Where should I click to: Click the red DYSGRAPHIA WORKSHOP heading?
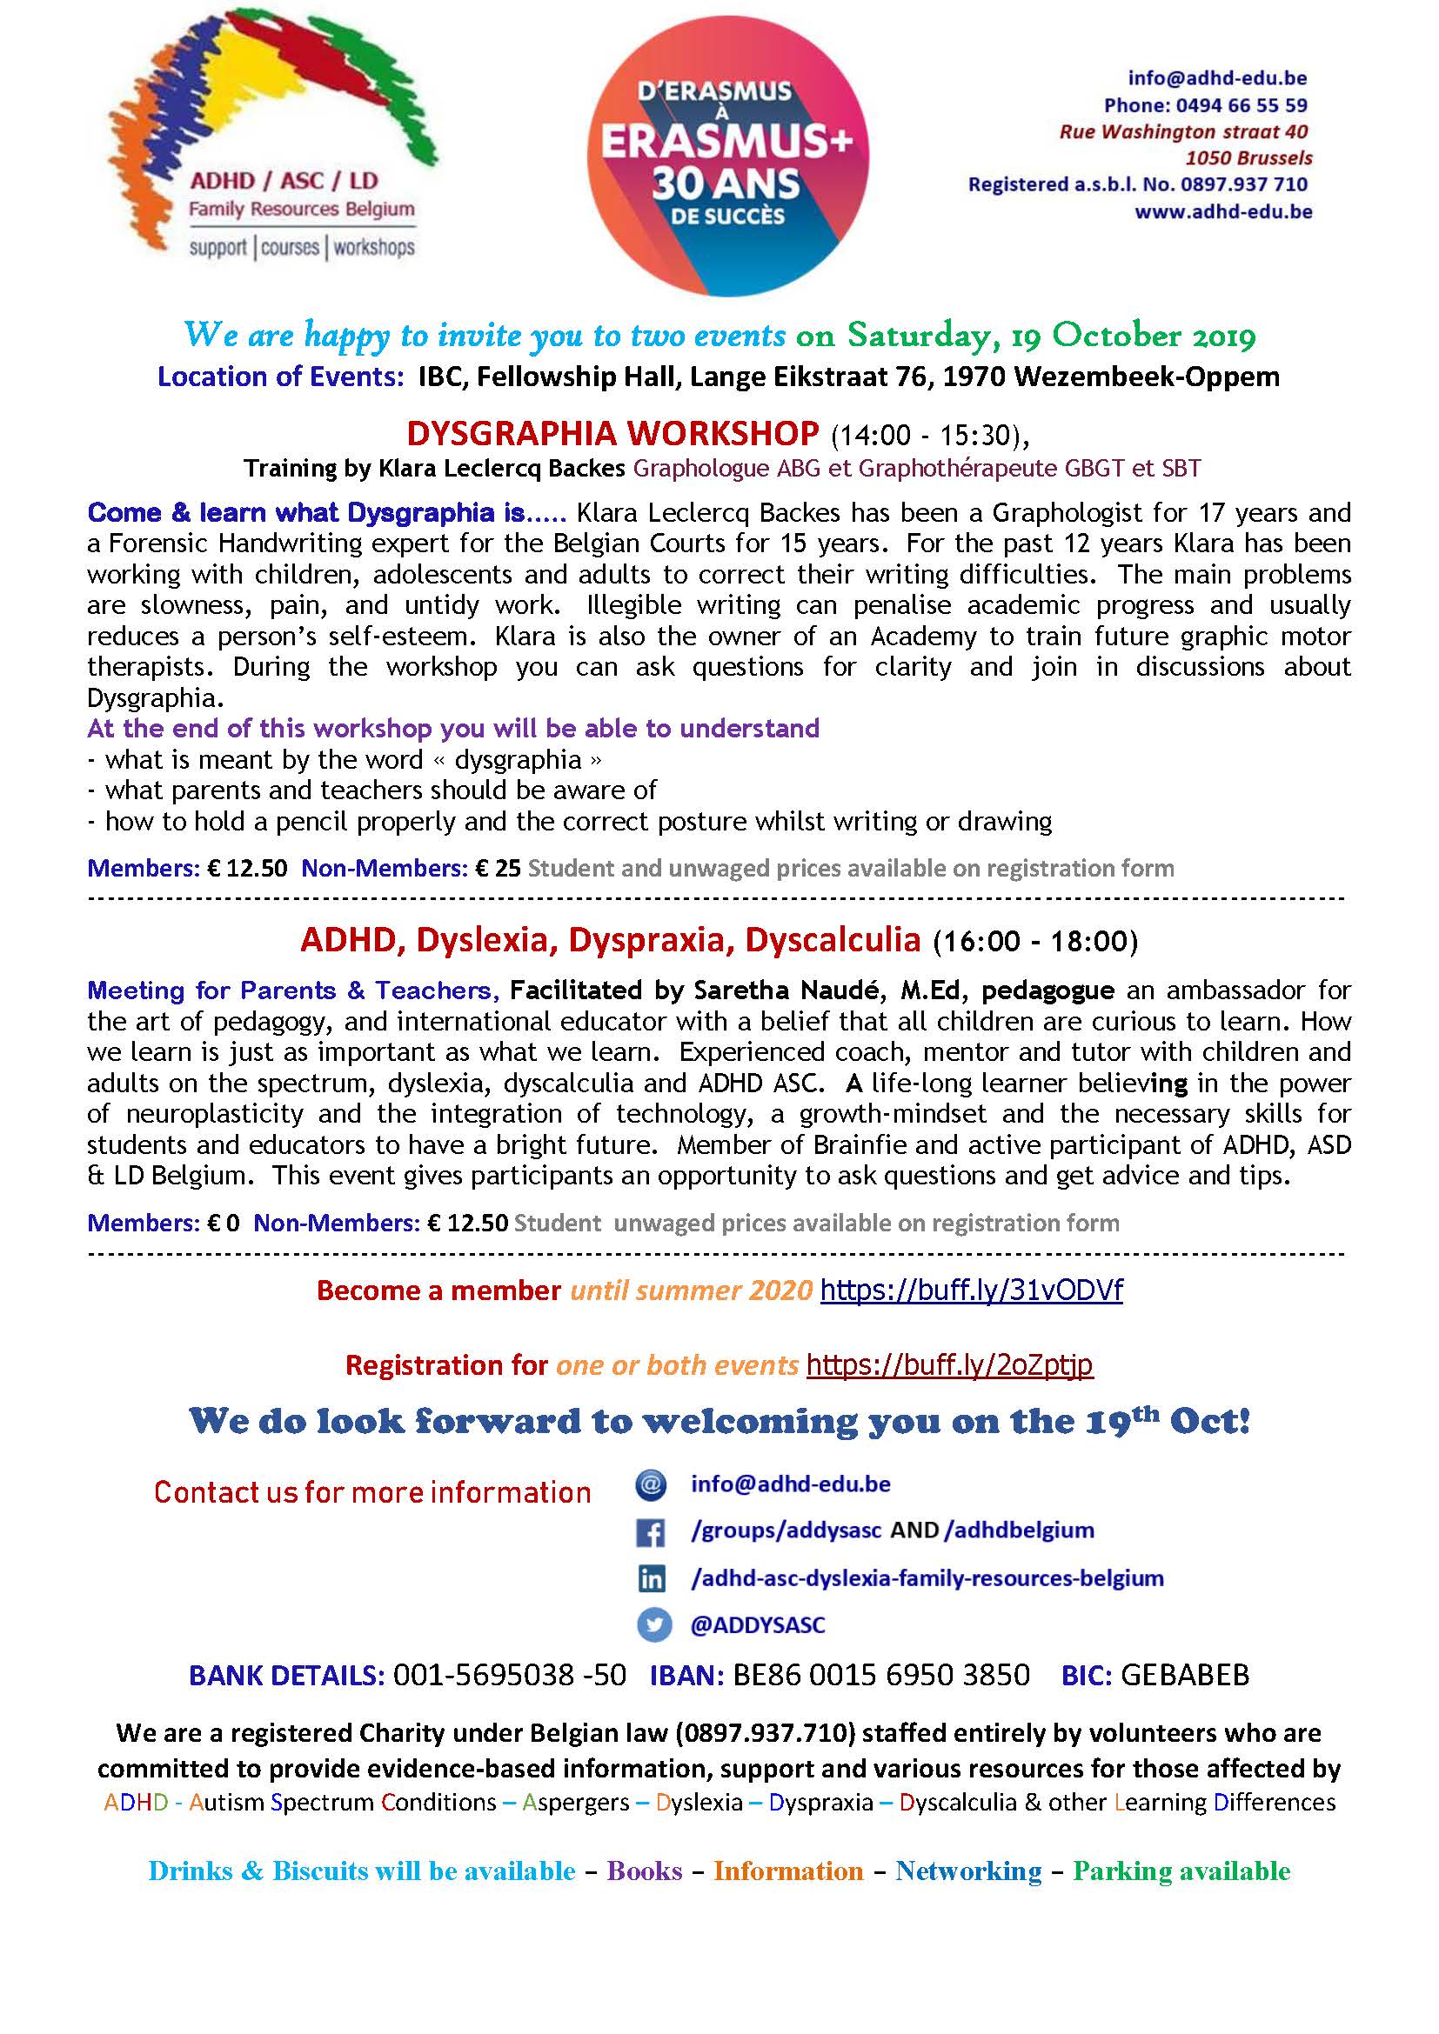point(612,433)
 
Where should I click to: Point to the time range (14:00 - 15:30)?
point(929,435)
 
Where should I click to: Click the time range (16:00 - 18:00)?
point(1035,941)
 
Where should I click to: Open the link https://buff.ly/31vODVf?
point(971,1290)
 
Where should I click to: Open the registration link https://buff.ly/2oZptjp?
point(949,1365)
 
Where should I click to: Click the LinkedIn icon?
point(652,1577)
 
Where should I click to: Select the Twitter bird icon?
point(652,1624)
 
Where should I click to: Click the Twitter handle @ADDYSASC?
point(758,1625)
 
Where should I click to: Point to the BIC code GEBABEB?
point(1185,1675)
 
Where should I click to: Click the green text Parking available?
point(1181,1871)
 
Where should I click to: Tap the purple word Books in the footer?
point(644,1871)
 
